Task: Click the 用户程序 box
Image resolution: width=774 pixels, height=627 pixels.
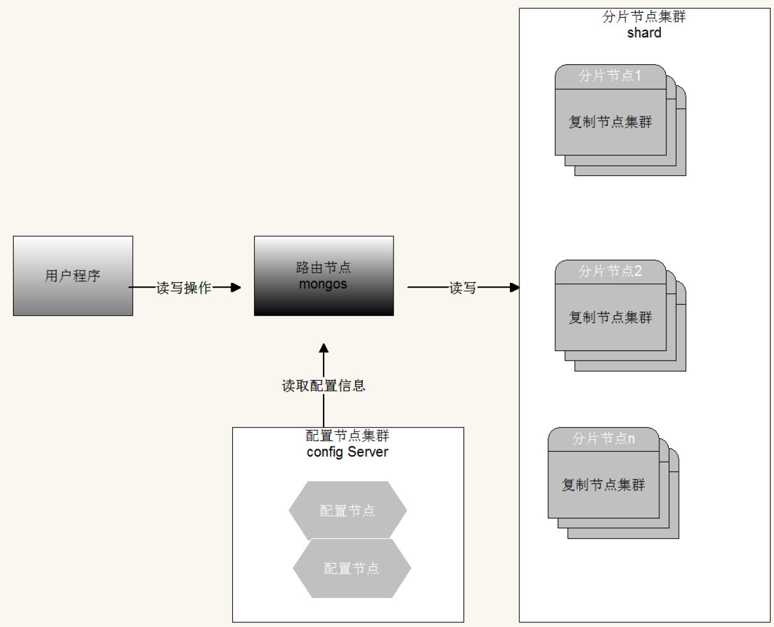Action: click(73, 276)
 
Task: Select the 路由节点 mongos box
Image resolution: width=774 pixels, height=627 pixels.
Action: click(323, 276)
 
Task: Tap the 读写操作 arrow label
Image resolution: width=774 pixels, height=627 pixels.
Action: click(184, 288)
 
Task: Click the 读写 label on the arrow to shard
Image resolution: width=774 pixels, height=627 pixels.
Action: click(463, 288)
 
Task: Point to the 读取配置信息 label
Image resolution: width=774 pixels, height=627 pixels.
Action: click(323, 386)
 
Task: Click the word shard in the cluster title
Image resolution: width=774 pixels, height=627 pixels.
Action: click(644, 33)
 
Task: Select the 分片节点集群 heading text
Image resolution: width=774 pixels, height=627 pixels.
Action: click(644, 16)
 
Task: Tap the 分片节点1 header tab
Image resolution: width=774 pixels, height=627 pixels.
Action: click(610, 76)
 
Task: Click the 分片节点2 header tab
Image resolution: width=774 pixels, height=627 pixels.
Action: click(610, 271)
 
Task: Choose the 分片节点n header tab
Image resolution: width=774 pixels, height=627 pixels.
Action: click(603, 439)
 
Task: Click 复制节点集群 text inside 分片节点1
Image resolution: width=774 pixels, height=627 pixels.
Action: click(610, 122)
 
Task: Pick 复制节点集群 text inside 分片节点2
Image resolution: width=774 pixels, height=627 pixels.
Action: click(610, 318)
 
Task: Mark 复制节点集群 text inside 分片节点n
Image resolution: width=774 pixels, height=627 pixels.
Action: click(603, 485)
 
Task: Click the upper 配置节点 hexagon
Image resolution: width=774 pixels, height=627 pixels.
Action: click(347, 511)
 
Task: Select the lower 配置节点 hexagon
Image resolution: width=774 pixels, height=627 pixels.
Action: click(352, 568)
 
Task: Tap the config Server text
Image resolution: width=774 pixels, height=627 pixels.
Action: click(348, 452)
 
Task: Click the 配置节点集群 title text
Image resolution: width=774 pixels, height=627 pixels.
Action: click(348, 436)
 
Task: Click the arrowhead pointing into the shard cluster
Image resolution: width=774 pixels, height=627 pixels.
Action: click(515, 288)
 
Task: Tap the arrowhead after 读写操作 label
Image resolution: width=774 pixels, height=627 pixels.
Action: click(236, 288)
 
